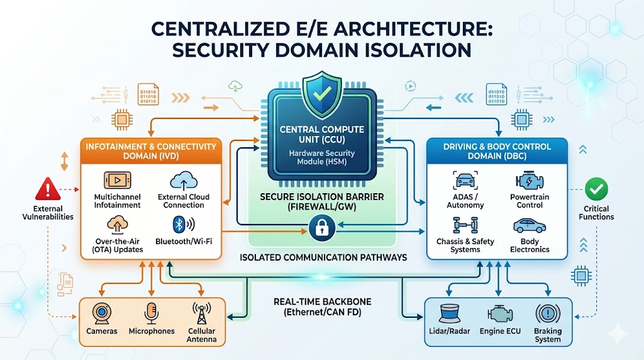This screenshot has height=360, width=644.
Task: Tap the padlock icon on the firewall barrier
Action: click(322, 227)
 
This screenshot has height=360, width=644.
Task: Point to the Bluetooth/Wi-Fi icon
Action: click(183, 225)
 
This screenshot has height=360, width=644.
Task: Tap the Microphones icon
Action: click(151, 313)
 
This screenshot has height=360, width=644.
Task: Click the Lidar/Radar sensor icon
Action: click(448, 313)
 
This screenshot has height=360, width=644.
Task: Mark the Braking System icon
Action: click(547, 313)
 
